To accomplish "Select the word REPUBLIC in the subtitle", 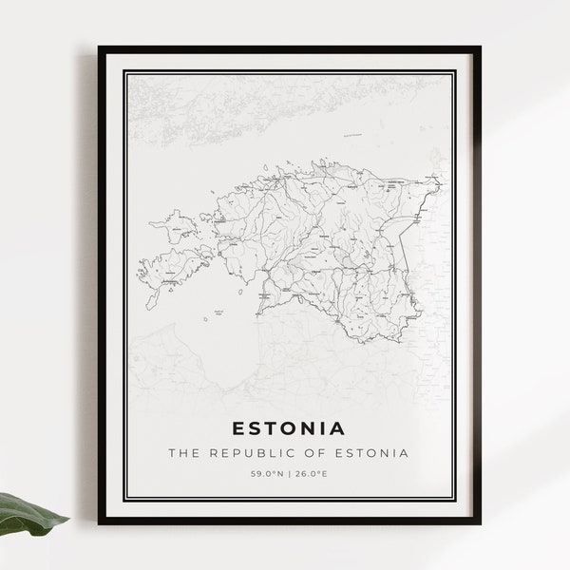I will tap(247, 452).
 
